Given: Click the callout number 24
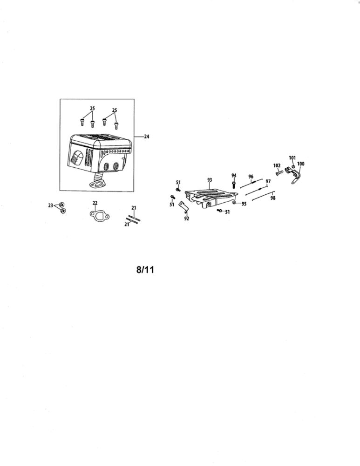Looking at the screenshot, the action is pyautogui.click(x=146, y=137).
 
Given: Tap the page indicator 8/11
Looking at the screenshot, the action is pyautogui.click(x=145, y=270).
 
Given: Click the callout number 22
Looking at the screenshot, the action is pyautogui.click(x=95, y=203).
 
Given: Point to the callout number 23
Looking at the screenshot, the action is pyautogui.click(x=50, y=206).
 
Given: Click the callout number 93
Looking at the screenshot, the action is pyautogui.click(x=210, y=180).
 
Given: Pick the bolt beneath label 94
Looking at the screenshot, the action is pyautogui.click(x=234, y=185).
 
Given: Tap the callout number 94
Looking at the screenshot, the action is pyautogui.click(x=234, y=176).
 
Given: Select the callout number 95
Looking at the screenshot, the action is pyautogui.click(x=244, y=204).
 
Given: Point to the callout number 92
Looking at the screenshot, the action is pyautogui.click(x=187, y=219).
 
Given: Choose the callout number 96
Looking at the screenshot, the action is pyautogui.click(x=251, y=177).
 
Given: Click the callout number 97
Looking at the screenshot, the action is pyautogui.click(x=268, y=181).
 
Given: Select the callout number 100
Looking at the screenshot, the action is pyautogui.click(x=300, y=164).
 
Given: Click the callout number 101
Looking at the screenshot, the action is pyautogui.click(x=292, y=158).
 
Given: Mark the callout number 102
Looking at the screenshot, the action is pyautogui.click(x=277, y=165).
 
